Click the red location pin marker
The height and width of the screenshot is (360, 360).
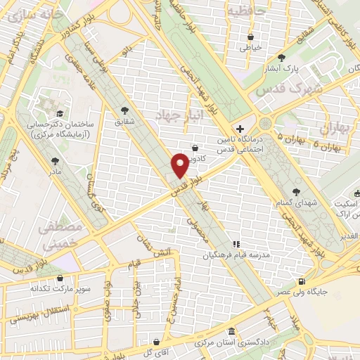coord(180,165)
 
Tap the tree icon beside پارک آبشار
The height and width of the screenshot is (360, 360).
coord(282,58)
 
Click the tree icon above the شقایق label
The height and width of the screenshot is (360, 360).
coord(125,110)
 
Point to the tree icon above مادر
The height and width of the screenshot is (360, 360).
coord(55,160)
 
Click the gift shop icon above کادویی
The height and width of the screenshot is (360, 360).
coord(195,148)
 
